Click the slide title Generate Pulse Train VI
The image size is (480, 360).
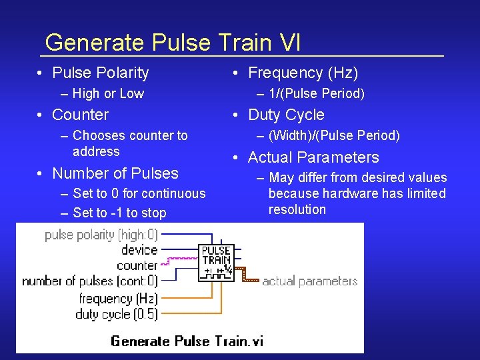click(173, 43)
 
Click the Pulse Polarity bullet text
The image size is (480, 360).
click(100, 73)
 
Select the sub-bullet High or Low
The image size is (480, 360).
click(108, 93)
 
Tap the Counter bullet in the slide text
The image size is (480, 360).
click(80, 115)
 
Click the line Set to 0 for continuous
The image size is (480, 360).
click(139, 193)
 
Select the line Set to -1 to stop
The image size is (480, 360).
click(119, 213)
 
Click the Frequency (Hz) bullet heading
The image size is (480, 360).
click(303, 73)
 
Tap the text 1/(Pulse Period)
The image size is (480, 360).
click(317, 93)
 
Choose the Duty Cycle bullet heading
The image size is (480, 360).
click(286, 115)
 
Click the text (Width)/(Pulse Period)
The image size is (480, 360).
click(334, 135)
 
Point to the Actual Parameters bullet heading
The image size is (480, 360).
click(313, 157)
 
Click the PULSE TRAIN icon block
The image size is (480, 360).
click(217, 261)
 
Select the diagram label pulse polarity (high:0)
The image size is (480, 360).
click(101, 235)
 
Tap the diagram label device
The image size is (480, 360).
click(139, 250)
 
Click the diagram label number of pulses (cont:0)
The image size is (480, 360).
click(90, 281)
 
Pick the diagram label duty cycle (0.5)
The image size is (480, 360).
click(117, 314)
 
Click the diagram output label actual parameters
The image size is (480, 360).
click(310, 281)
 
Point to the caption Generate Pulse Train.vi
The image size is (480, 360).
click(187, 341)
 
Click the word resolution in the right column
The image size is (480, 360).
click(297, 209)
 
